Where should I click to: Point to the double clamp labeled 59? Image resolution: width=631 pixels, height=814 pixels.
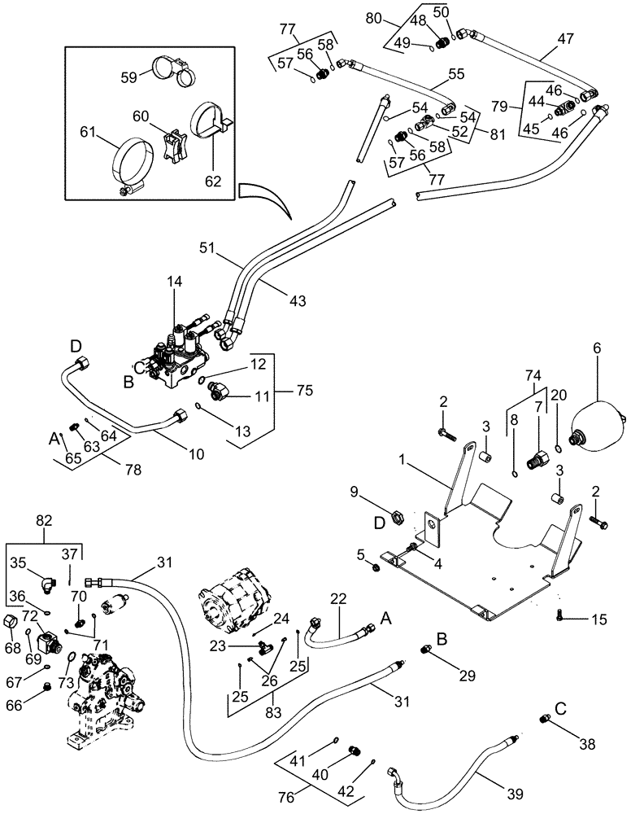[174, 69]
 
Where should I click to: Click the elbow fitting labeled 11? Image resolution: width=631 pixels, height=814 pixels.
[219, 392]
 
